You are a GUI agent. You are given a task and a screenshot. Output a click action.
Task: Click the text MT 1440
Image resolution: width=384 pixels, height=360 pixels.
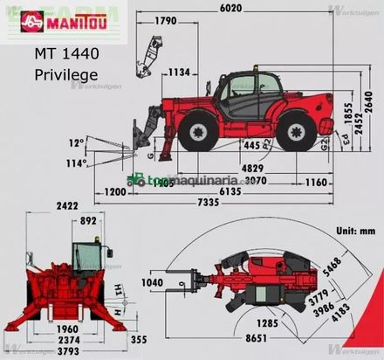67,53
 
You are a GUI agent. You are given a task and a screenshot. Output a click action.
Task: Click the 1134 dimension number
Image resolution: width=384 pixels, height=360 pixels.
180,72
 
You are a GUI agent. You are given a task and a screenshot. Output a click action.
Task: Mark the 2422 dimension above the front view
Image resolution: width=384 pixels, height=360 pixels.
66,206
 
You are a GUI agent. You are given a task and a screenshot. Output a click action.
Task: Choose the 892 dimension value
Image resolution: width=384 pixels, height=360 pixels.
87,222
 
